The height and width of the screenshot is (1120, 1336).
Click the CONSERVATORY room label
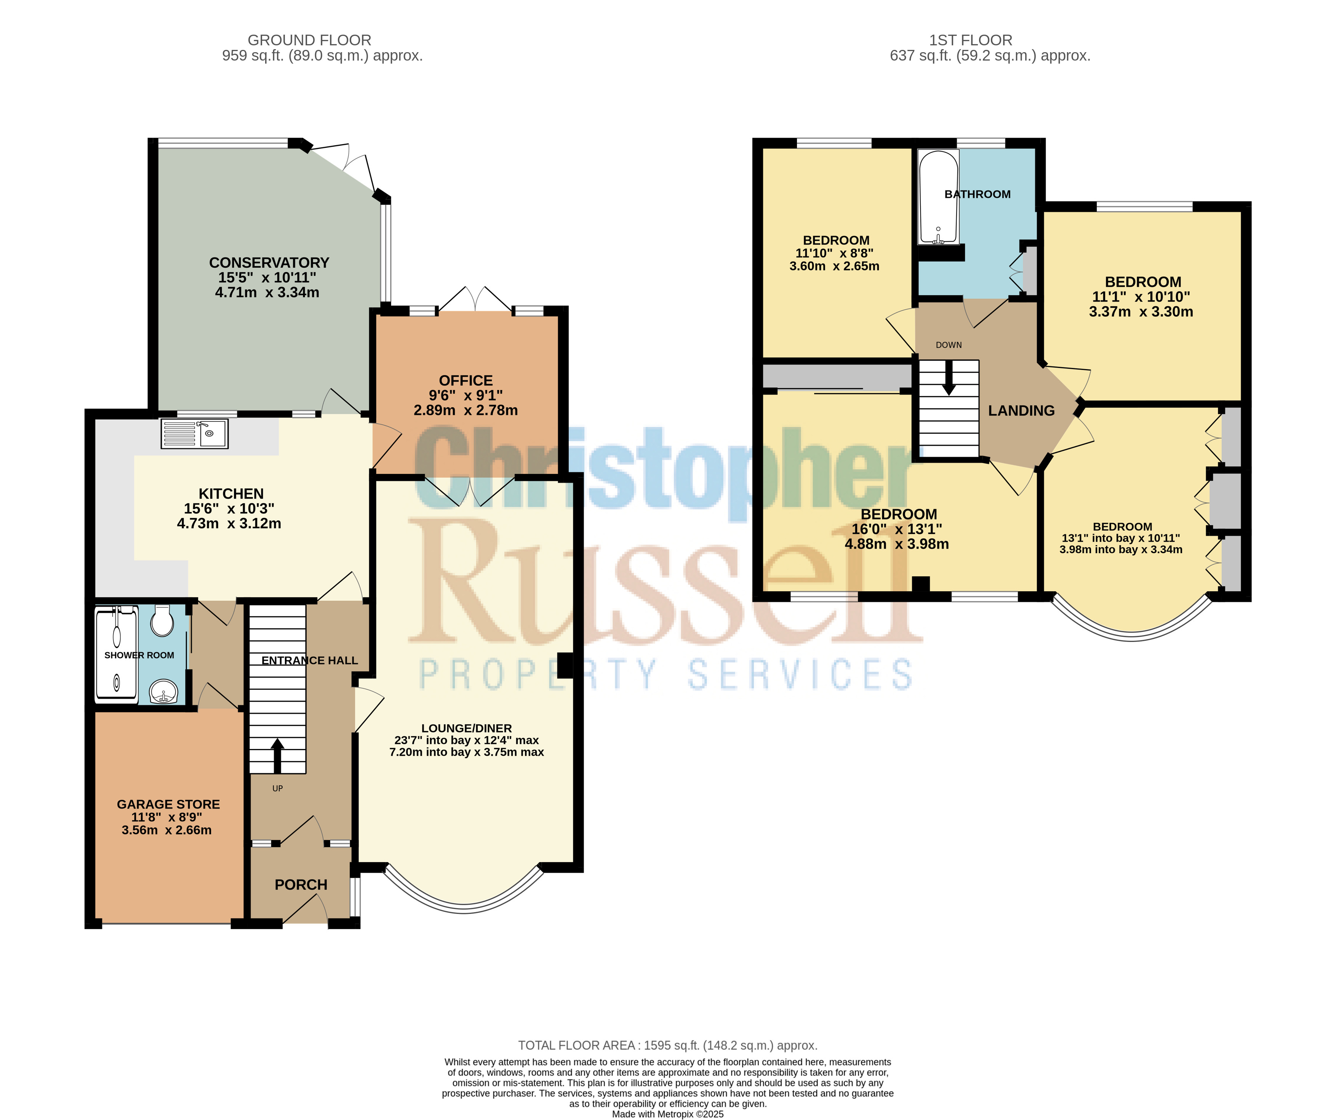pyautogui.click(x=269, y=263)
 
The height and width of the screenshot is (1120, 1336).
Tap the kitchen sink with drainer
pyautogui.click(x=194, y=434)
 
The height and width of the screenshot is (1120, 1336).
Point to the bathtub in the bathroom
pyautogui.click(x=938, y=197)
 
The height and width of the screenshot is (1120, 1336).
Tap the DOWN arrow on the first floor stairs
pyautogui.click(x=949, y=378)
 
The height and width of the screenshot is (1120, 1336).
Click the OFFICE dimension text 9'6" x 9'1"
pyautogui.click(x=466, y=395)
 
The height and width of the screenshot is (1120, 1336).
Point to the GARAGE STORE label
pyautogui.click(x=169, y=804)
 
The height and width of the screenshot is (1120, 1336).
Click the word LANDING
pyautogui.click(x=1021, y=411)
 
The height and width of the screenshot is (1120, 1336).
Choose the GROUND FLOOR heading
pyautogui.click(x=309, y=40)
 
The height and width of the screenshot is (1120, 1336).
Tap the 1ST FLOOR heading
pyautogui.click(x=971, y=40)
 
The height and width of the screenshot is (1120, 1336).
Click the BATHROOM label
pyautogui.click(x=977, y=194)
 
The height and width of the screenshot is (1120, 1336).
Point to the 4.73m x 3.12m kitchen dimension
pyautogui.click(x=229, y=524)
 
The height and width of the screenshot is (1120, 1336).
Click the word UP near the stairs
pyautogui.click(x=277, y=789)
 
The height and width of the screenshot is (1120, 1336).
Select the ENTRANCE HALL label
pyautogui.click(x=309, y=661)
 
